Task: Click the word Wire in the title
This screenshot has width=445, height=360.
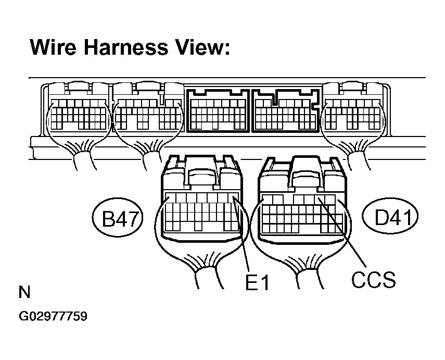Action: [x=53, y=47]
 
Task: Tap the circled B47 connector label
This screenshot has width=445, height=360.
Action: [x=118, y=218]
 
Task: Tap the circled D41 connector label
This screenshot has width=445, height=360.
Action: [x=390, y=217]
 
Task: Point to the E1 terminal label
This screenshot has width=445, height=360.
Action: [x=257, y=282]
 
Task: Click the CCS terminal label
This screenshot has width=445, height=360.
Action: [x=373, y=279]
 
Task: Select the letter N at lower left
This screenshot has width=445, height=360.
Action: [x=24, y=292]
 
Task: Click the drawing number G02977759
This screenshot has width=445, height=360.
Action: [x=53, y=316]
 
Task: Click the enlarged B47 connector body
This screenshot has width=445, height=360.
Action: [x=201, y=198]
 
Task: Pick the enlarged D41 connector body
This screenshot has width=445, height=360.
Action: [x=302, y=200]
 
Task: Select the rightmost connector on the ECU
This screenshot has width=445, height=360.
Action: [x=353, y=107]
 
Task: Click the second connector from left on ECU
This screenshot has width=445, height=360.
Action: [x=148, y=107]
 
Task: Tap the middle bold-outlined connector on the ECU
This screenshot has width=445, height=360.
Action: [x=218, y=110]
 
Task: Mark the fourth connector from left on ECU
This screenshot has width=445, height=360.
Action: [x=286, y=110]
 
